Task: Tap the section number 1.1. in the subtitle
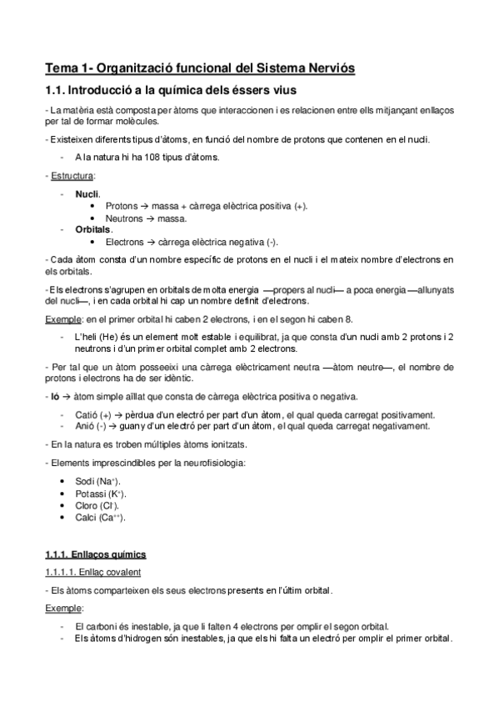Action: [x=58, y=90]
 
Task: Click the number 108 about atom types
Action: [x=147, y=157]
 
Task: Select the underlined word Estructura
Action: [x=72, y=177]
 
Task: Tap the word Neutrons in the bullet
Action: [x=125, y=218]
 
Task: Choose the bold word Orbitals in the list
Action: [x=93, y=229]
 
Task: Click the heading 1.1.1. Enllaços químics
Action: [x=95, y=554]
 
